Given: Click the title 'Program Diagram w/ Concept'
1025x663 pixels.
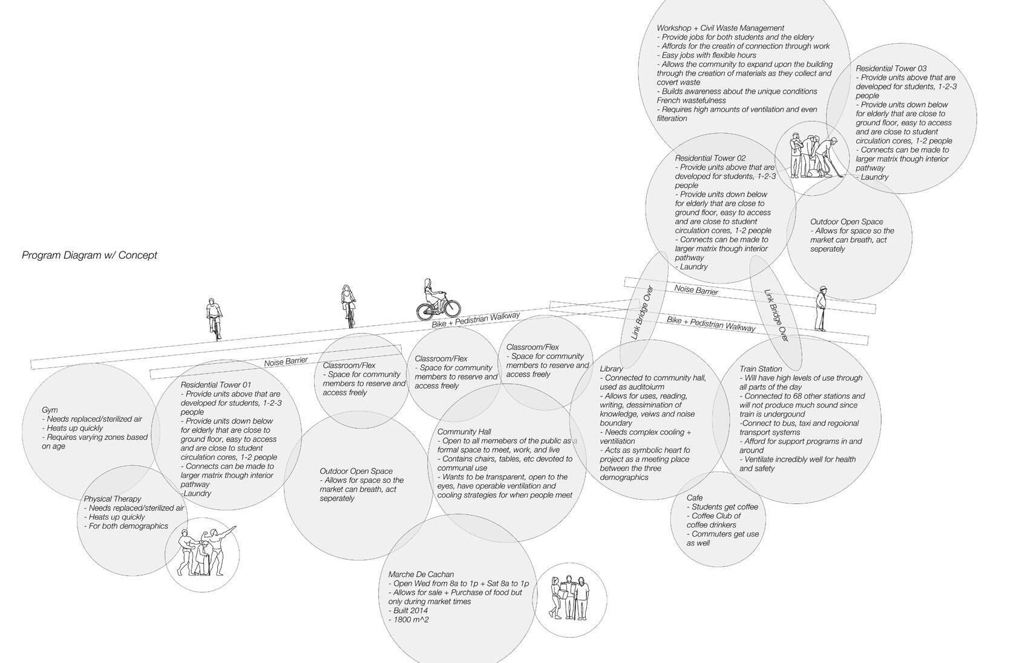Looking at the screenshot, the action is [x=90, y=255].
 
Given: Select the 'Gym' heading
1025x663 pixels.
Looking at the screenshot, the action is [x=50, y=410].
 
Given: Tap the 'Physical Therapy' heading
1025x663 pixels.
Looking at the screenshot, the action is [x=113, y=499].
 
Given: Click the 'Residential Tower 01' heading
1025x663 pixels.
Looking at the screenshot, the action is [x=215, y=384].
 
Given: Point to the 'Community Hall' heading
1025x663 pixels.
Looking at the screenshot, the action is [x=464, y=432].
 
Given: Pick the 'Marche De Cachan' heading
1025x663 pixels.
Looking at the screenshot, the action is [x=421, y=574].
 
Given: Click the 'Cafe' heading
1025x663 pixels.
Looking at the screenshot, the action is [x=695, y=497].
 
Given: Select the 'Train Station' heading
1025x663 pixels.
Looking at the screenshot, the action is [x=761, y=369].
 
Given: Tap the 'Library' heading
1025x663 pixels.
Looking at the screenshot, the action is [x=611, y=369].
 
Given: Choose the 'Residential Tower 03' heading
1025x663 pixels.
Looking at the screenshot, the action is [x=891, y=68].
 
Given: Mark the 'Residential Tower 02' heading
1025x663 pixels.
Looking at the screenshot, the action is [x=710, y=158].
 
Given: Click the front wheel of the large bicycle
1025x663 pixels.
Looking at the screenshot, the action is [x=449, y=309].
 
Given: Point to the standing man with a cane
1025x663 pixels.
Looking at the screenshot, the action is [x=820, y=309].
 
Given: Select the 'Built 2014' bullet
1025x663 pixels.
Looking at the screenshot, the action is [x=410, y=610].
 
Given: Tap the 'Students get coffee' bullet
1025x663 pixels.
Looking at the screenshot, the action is [x=724, y=506].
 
